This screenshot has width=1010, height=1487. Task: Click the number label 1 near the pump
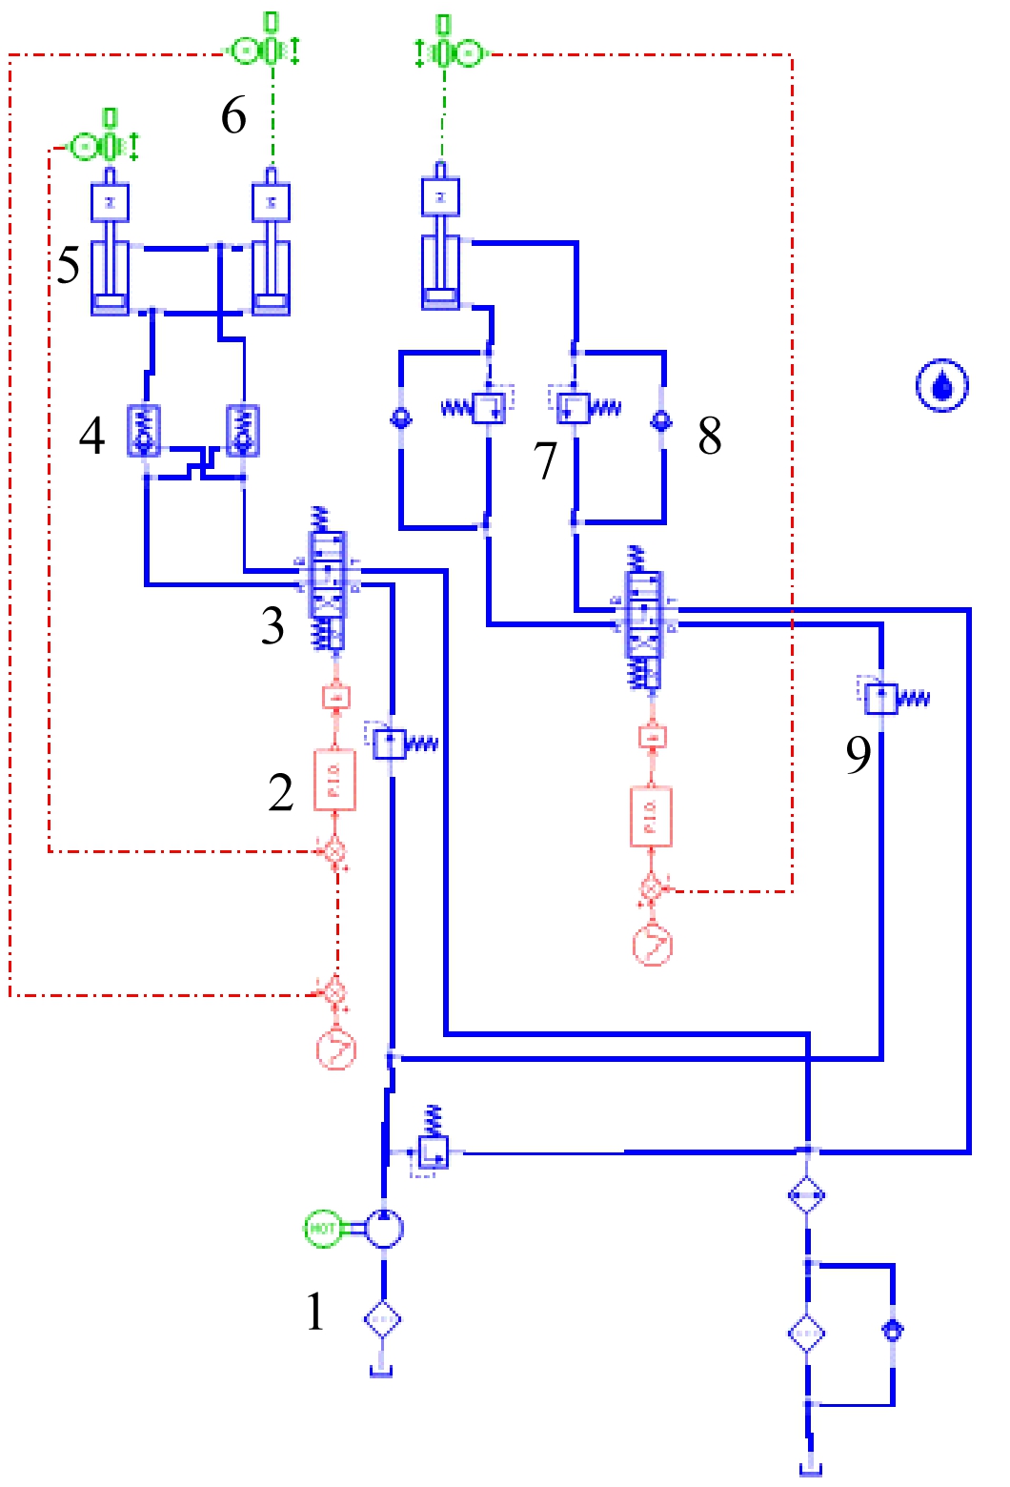pyautogui.click(x=315, y=1312)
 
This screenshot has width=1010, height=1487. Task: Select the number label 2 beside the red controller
pyautogui.click(x=281, y=792)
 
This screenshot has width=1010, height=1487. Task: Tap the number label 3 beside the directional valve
pyautogui.click(x=273, y=626)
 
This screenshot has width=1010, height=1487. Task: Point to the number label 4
pyautogui.click(x=91, y=436)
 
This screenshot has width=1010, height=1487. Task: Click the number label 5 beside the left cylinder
pyautogui.click(x=68, y=265)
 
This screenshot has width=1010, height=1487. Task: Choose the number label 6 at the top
pyautogui.click(x=233, y=116)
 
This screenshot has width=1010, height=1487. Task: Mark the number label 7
pyautogui.click(x=544, y=461)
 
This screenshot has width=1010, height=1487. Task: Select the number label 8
pyautogui.click(x=710, y=437)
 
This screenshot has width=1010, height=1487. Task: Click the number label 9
pyautogui.click(x=858, y=755)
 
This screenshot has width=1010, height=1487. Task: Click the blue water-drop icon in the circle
pyautogui.click(x=941, y=386)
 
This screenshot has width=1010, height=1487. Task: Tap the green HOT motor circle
pyautogui.click(x=323, y=1229)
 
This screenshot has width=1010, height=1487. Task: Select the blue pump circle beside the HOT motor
pyautogui.click(x=384, y=1229)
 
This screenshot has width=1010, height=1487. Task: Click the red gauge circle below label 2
pyautogui.click(x=335, y=1049)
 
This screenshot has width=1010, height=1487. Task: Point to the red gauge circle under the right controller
pyautogui.click(x=653, y=947)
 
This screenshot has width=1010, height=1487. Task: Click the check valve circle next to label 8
pyautogui.click(x=661, y=419)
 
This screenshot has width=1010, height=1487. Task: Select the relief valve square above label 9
pyautogui.click(x=881, y=698)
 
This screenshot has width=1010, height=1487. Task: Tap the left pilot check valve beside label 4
pyautogui.click(x=145, y=431)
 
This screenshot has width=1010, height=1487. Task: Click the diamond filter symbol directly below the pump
pyautogui.click(x=382, y=1320)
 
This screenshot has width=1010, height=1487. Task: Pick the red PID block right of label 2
pyautogui.click(x=334, y=780)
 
